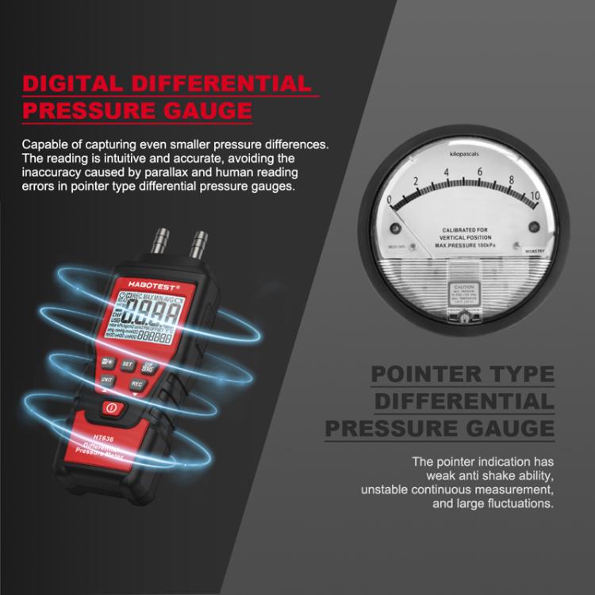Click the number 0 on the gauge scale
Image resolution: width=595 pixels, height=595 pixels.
coord(390,199)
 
